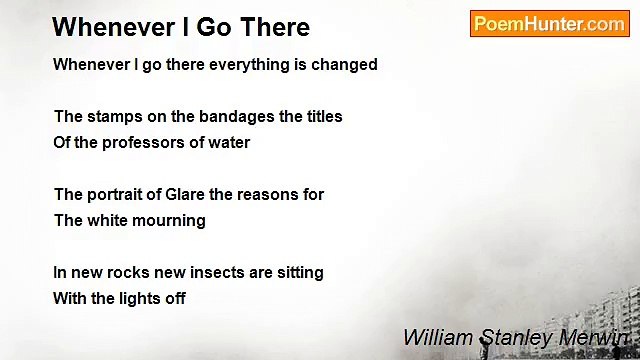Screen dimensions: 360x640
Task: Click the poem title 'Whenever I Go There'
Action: (x=181, y=27)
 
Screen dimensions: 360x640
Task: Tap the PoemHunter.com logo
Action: (x=549, y=24)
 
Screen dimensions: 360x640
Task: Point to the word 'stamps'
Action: (x=113, y=117)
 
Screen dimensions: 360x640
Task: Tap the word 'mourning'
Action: (x=171, y=221)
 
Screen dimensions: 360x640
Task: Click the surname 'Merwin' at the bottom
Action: (x=595, y=338)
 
